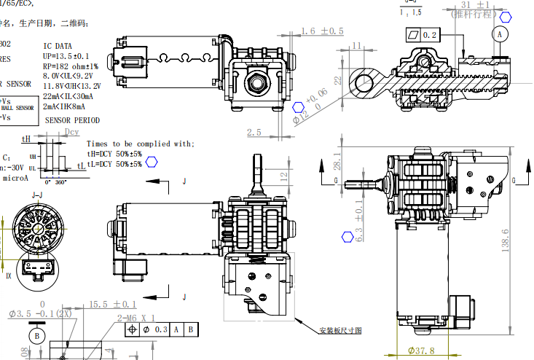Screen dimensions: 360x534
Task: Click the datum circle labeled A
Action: tap(499, 34)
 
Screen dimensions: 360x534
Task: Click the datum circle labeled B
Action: tap(36, 335)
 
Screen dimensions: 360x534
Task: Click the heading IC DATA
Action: tap(58, 46)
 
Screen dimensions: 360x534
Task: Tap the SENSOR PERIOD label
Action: tap(72, 120)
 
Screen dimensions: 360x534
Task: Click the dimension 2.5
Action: tap(254, 132)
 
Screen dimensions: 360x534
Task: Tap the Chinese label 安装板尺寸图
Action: tap(340, 330)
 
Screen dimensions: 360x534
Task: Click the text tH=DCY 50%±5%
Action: tap(114, 153)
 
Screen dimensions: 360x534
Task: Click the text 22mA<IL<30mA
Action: tap(68, 95)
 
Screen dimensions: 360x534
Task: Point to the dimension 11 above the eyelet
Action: tap(357, 45)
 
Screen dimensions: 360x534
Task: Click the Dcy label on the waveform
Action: tap(71, 133)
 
